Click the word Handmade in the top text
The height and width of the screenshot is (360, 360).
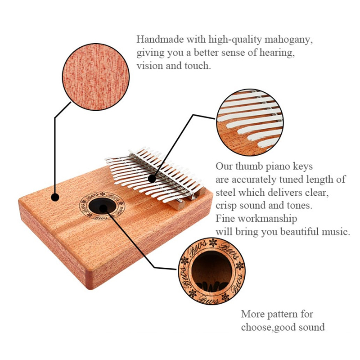tap(160, 39)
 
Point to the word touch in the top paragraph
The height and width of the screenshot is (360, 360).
tap(198, 66)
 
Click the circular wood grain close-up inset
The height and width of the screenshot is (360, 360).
tap(96, 77)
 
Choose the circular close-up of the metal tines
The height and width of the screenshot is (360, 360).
tap(250, 122)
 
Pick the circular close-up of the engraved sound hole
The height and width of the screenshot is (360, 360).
tap(211, 271)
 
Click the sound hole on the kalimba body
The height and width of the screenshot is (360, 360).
tap(102, 206)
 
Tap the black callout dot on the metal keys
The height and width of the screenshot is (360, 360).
tap(152, 179)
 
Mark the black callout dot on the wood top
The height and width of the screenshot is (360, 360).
tap(55, 197)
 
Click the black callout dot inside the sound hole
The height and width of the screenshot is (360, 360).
tap(103, 208)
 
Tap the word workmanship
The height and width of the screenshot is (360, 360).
tap(267, 219)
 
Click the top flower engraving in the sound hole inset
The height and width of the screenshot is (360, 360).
tap(213, 242)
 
